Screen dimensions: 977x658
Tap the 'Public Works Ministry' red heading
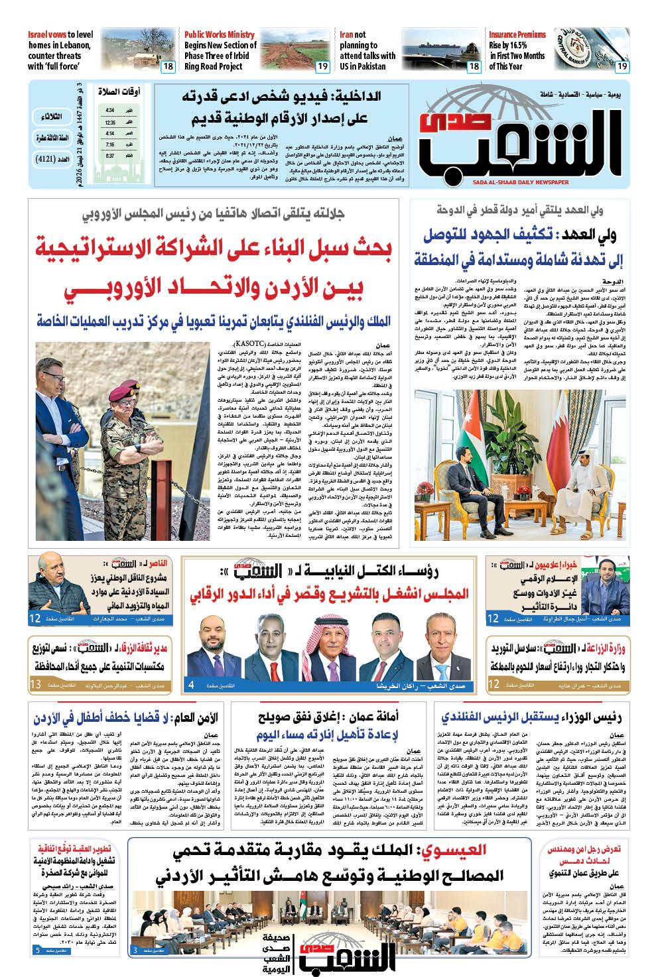(220, 34)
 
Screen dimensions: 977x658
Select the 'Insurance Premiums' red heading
(517, 34)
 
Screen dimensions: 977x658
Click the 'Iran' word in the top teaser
(346, 34)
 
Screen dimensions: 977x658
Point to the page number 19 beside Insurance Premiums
(622, 66)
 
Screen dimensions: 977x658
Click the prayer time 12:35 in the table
(110, 123)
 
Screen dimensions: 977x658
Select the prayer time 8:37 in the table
(110, 156)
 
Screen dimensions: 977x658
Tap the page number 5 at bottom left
(36, 950)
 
